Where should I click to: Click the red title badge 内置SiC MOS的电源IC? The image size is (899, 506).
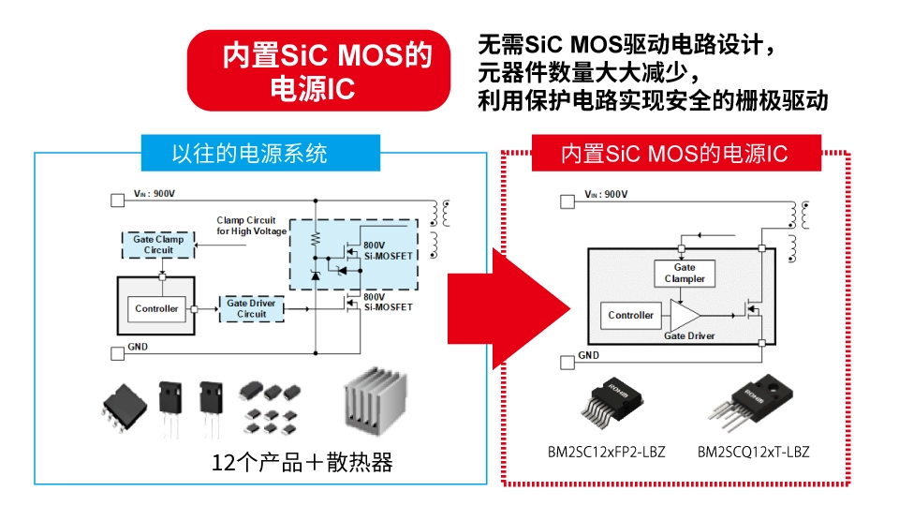pyautogui.click(x=327, y=70)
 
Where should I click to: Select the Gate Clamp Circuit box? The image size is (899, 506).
pyautogui.click(x=157, y=245)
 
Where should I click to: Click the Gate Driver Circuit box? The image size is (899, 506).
pyautogui.click(x=251, y=308)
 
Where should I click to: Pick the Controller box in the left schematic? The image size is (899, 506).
pyautogui.click(x=156, y=308)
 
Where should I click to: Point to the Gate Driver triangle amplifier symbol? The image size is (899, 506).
pyautogui.click(x=689, y=315)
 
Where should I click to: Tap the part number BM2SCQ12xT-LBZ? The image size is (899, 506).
pyautogui.click(x=753, y=452)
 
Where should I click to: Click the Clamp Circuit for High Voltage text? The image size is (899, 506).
pyautogui.click(x=245, y=225)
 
